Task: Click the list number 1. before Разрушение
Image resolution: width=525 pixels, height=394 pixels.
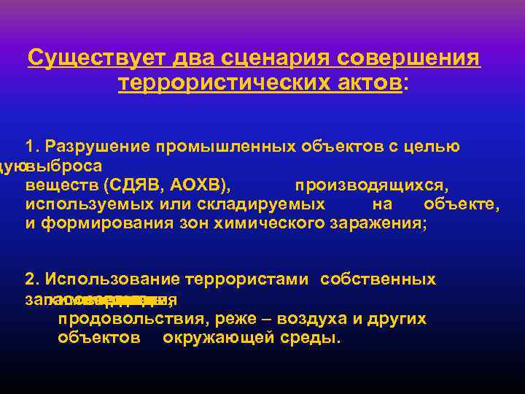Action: point(33,147)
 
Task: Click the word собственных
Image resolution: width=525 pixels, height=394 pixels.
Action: point(378,279)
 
